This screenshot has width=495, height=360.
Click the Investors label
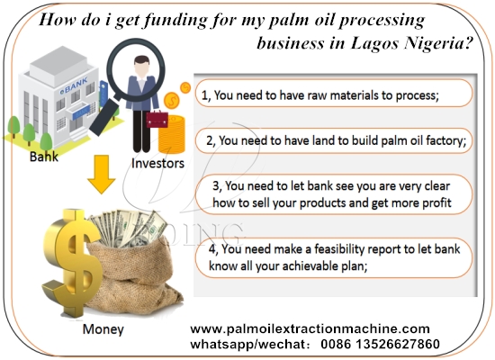tap(157, 164)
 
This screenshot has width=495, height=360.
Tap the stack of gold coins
tap(171, 130)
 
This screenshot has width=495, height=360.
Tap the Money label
tap(103, 328)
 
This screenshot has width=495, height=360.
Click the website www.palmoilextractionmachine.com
tap(310, 328)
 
